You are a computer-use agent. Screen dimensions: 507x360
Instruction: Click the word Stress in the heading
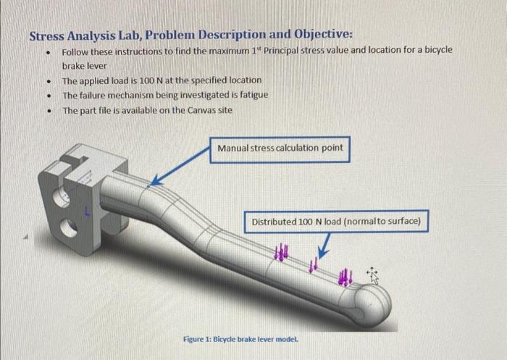(x=46, y=36)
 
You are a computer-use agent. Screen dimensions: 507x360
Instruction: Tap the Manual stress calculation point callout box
(x=280, y=149)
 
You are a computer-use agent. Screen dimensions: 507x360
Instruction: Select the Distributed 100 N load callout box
(x=336, y=222)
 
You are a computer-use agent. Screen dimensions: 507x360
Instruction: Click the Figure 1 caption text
(x=240, y=339)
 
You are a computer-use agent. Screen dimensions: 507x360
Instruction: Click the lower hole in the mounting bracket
(x=70, y=227)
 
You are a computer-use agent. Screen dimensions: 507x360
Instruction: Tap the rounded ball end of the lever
(x=374, y=304)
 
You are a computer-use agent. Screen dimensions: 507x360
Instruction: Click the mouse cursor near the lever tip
(x=372, y=276)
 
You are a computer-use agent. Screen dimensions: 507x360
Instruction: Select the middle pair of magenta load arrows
(x=314, y=264)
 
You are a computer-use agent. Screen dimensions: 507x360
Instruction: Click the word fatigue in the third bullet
(x=254, y=95)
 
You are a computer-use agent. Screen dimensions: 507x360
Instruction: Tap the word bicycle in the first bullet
(x=438, y=51)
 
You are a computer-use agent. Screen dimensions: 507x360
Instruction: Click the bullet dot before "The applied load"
(x=49, y=81)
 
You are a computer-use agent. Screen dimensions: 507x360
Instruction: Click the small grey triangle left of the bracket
(x=26, y=237)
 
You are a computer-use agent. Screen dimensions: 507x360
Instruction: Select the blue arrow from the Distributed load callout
(x=324, y=246)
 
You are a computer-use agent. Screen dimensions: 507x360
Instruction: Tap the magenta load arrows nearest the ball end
(x=345, y=277)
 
